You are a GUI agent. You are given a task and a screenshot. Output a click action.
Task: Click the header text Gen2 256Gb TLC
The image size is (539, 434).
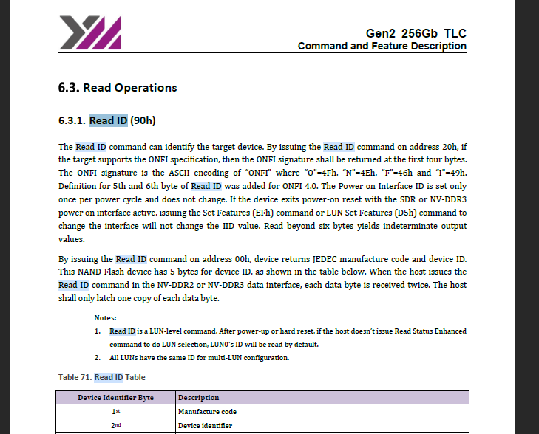[416, 34]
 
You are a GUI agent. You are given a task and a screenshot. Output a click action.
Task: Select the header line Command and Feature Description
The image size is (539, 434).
[382, 46]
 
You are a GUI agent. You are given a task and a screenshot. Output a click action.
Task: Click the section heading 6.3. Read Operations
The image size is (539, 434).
[118, 88]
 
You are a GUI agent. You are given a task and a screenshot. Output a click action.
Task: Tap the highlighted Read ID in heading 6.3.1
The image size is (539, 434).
[108, 120]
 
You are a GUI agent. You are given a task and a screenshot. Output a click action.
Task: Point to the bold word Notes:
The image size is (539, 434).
[106, 317]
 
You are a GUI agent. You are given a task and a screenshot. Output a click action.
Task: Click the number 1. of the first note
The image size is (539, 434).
[98, 331]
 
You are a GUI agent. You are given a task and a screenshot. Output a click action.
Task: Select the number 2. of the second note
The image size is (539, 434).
[98, 358]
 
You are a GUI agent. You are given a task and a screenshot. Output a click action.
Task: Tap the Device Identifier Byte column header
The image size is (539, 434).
[115, 398]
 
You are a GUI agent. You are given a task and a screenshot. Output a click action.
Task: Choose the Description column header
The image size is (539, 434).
[199, 398]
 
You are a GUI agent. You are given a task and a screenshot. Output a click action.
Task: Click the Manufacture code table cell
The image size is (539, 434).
[207, 412]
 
